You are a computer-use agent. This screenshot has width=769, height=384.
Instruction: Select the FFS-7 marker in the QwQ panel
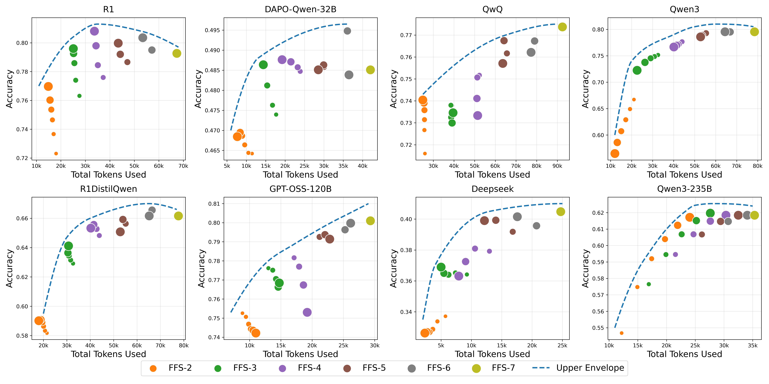point(562,27)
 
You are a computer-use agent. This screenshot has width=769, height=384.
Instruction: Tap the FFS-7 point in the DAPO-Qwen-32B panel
point(370,70)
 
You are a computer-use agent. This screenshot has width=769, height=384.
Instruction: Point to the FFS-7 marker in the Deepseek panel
point(561,212)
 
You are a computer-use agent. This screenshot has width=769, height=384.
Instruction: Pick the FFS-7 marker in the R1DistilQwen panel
point(178,216)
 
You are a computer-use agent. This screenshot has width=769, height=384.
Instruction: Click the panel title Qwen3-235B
point(684,189)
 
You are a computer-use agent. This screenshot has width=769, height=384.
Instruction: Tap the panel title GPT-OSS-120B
point(300,189)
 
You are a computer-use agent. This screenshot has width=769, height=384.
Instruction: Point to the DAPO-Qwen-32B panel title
point(300,10)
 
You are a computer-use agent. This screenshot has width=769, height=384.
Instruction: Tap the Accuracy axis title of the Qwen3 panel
point(585,89)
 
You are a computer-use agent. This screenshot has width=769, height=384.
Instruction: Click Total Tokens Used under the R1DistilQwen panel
point(108,354)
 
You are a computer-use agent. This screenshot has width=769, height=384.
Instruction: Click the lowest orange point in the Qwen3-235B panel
point(622,333)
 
